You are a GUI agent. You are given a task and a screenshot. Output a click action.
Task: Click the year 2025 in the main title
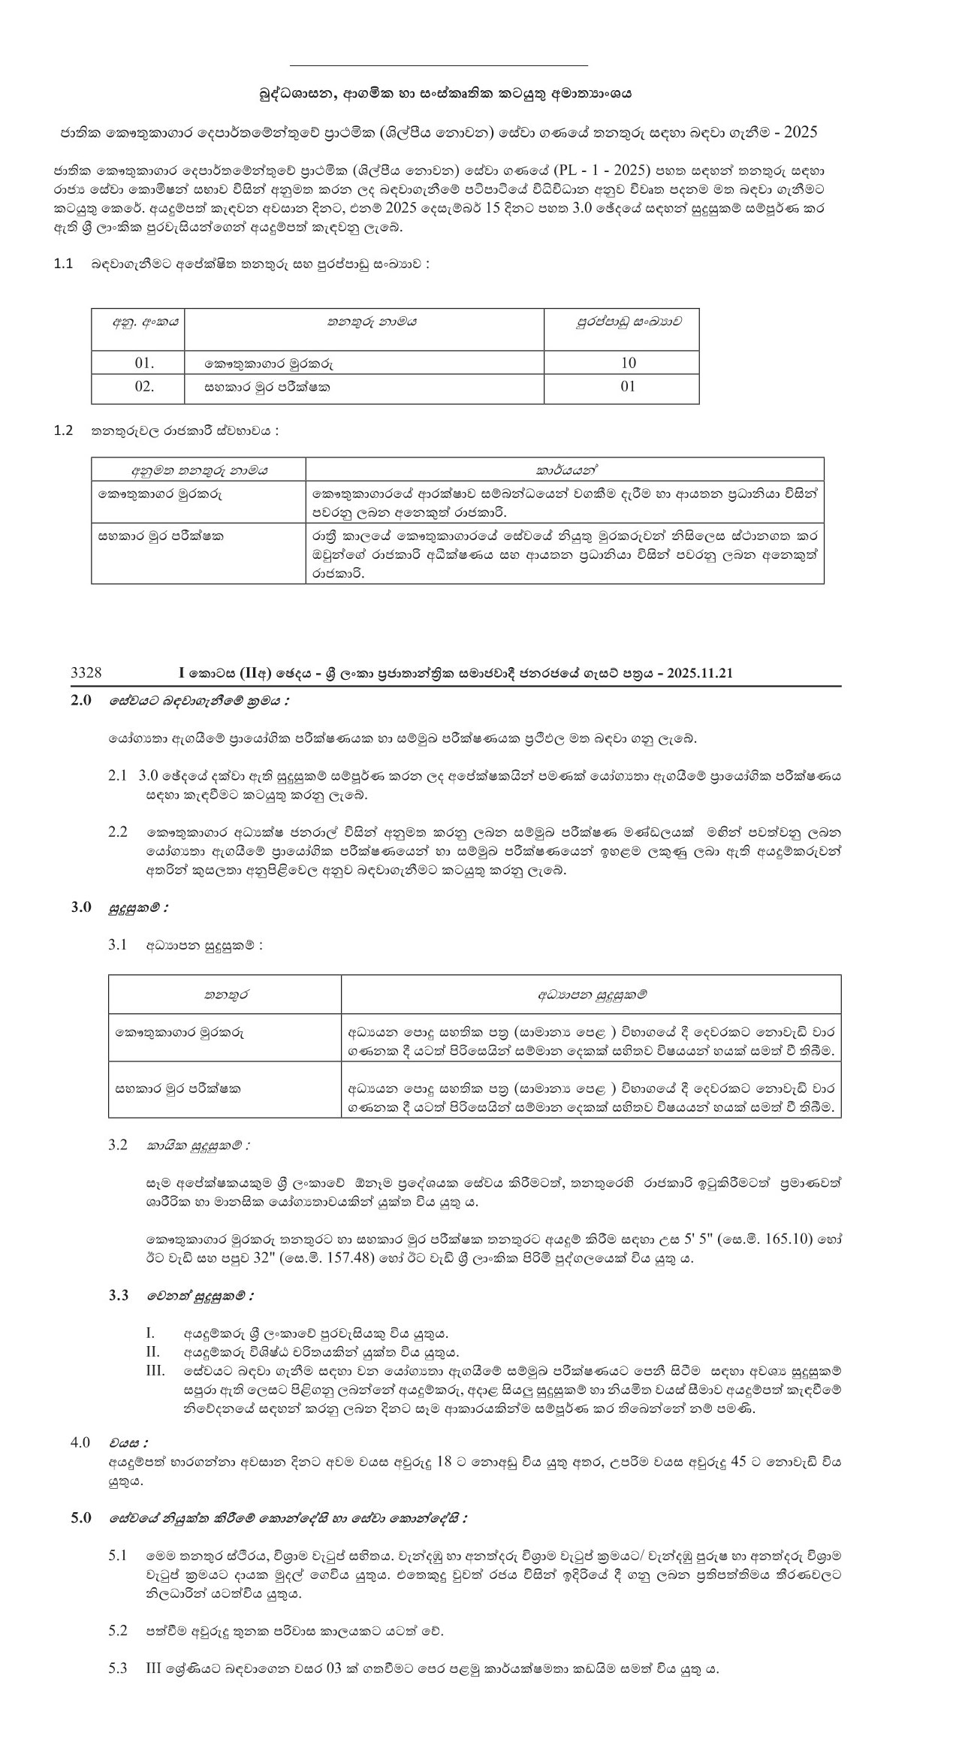tap(800, 133)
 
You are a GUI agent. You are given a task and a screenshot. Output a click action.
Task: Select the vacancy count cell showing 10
tap(628, 363)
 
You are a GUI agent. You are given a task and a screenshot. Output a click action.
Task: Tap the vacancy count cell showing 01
tap(628, 387)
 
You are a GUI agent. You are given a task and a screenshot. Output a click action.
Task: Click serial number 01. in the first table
tap(144, 363)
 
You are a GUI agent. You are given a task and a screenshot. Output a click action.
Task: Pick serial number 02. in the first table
tap(144, 387)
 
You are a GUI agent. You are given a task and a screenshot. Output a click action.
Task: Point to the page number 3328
tap(86, 673)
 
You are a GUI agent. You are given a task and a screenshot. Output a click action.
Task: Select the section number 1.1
tap(63, 264)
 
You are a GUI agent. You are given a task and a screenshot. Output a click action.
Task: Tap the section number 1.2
tap(63, 430)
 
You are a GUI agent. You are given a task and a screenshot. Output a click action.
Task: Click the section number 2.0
tap(81, 700)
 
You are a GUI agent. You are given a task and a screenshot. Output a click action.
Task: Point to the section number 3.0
tap(81, 907)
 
